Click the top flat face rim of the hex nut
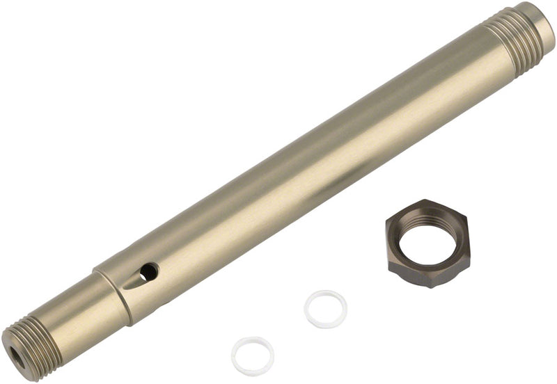[x=426, y=208]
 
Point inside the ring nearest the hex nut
[x=325, y=309]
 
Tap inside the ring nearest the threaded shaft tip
[x=252, y=355]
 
